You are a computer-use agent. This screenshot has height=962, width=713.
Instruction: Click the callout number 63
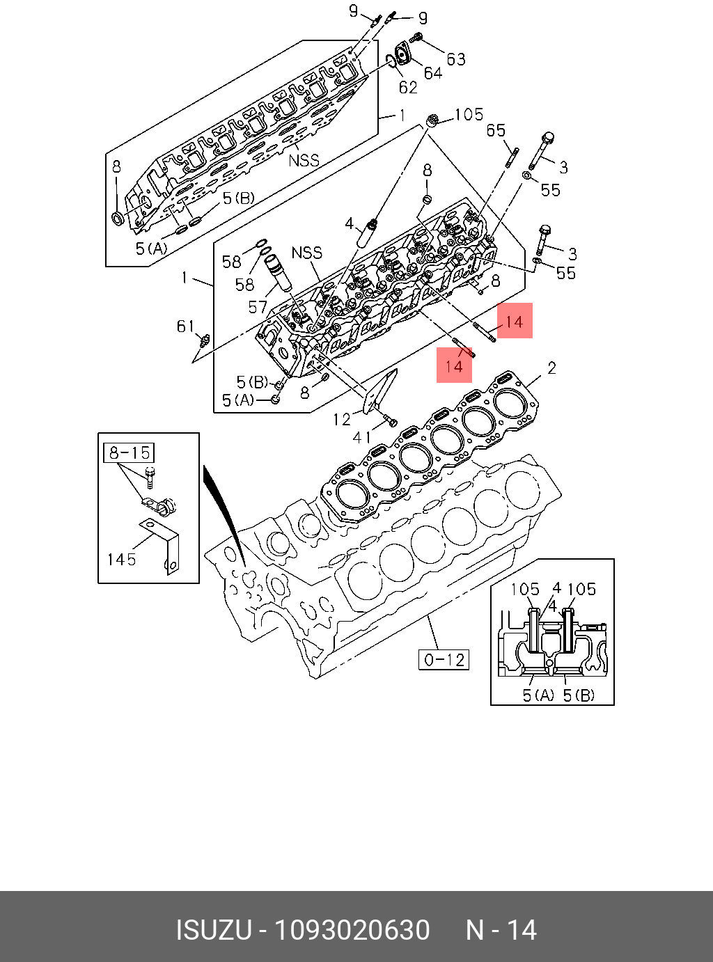(x=456, y=59)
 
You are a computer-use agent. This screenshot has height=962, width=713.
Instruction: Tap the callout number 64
(x=432, y=72)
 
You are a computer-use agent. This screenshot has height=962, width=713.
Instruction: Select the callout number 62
(x=408, y=87)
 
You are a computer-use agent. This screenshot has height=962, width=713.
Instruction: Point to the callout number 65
(x=496, y=131)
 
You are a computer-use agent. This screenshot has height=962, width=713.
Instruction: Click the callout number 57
(x=258, y=307)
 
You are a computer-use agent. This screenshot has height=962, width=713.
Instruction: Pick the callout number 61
(x=185, y=326)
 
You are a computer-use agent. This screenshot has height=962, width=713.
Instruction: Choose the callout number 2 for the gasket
(x=551, y=368)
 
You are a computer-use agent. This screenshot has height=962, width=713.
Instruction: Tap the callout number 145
(x=121, y=559)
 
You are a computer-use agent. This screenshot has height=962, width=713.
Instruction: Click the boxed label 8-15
(x=129, y=453)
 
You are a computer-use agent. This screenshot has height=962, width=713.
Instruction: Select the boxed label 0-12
(x=444, y=659)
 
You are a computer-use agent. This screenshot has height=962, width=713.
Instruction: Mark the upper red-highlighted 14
(x=514, y=322)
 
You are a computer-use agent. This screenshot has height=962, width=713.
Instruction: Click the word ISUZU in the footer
(x=213, y=931)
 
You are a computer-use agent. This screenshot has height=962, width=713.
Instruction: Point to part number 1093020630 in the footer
(x=352, y=931)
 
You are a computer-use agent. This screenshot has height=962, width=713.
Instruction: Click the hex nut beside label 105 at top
(x=432, y=121)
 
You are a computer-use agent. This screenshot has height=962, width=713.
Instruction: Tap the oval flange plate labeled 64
(x=402, y=54)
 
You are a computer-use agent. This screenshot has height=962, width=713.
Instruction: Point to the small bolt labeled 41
(x=391, y=420)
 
